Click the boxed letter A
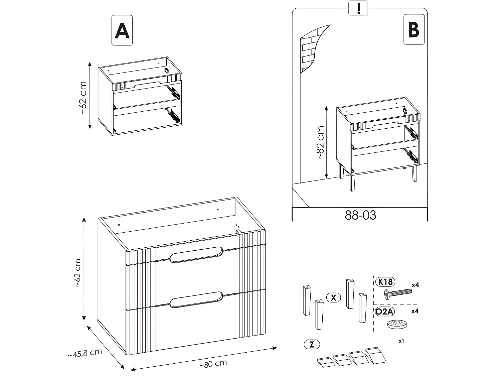tap(122, 30)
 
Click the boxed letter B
tap(414, 29)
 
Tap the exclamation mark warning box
tap(359, 8)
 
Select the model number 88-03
tap(360, 215)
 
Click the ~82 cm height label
tap(320, 142)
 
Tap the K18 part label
tap(385, 282)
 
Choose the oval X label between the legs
tap(333, 297)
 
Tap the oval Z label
tap(312, 344)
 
